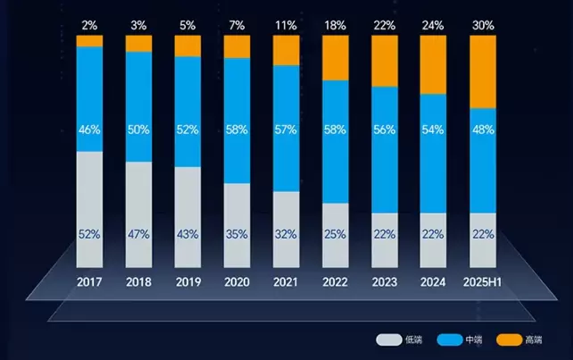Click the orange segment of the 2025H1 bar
click(482, 71)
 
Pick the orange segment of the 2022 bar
click(335, 58)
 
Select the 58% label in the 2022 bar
click(335, 130)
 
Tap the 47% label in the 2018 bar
click(138, 234)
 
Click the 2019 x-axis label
click(187, 282)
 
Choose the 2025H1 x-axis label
click(482, 282)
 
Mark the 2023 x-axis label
click(384, 282)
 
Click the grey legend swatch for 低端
click(388, 339)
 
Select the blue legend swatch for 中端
click(449, 339)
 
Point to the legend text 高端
click(534, 339)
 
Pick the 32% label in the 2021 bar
click(286, 234)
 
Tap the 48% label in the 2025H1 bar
click(482, 130)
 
